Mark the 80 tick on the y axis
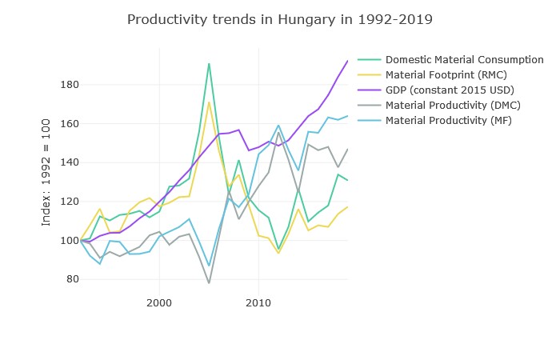[69, 279]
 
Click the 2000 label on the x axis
[159, 303]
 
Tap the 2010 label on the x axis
[258, 303]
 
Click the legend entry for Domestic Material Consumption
[464, 60]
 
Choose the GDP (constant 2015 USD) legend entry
[449, 90]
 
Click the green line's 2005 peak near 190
[209, 63]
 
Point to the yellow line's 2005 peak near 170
[209, 102]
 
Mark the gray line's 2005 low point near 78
[209, 283]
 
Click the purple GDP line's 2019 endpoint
[347, 61]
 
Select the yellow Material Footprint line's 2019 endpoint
[347, 207]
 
